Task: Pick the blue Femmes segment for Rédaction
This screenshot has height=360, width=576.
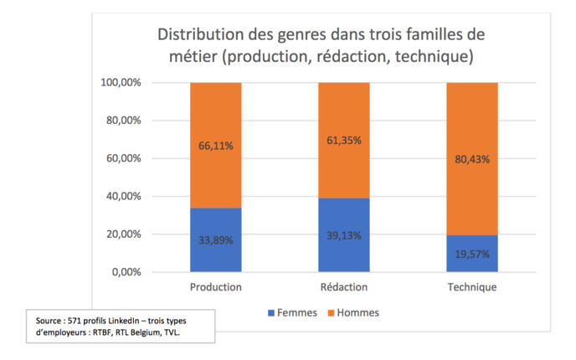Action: [344, 251]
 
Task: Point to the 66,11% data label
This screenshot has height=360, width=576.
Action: [216, 146]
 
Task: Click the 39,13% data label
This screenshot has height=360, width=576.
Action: [344, 235]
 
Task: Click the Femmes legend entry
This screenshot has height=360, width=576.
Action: [291, 313]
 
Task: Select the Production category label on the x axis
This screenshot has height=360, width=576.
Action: [216, 287]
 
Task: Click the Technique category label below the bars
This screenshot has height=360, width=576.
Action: [472, 287]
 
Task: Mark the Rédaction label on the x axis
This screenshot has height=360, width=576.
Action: [344, 287]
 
